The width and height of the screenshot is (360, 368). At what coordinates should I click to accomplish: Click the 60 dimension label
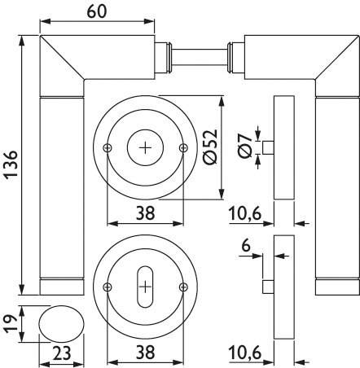pos(97,12)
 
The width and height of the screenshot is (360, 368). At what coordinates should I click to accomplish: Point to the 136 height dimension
pos(12,164)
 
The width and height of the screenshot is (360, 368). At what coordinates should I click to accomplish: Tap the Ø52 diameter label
pos(210,147)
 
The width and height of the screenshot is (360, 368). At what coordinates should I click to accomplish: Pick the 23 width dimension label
pos(61,353)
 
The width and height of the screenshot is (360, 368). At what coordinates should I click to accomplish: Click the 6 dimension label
pos(246,246)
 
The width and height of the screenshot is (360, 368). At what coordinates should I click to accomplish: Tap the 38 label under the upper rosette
pos(146,213)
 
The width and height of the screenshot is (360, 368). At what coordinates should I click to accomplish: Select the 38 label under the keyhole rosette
pos(146,353)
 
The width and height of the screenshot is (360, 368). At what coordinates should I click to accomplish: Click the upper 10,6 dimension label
pos(245,213)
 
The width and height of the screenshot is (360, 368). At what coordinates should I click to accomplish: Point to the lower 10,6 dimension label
pos(245,353)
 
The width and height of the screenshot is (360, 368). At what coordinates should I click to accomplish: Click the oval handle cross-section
pos(62,323)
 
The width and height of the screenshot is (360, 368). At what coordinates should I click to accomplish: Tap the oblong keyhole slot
pos(146,287)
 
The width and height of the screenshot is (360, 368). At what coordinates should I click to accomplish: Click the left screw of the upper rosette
pos(108,148)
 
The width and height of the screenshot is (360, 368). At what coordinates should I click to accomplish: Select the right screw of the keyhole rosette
pos(184,287)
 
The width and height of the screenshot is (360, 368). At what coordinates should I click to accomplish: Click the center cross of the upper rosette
pos(146,147)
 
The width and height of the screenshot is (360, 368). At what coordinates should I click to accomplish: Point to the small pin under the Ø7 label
pos(268,147)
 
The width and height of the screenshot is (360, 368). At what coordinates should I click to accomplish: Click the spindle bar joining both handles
pos(200,57)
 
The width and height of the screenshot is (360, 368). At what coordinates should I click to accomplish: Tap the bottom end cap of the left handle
pos(62,287)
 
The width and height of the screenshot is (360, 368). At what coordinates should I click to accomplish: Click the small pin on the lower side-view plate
pos(268,287)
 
